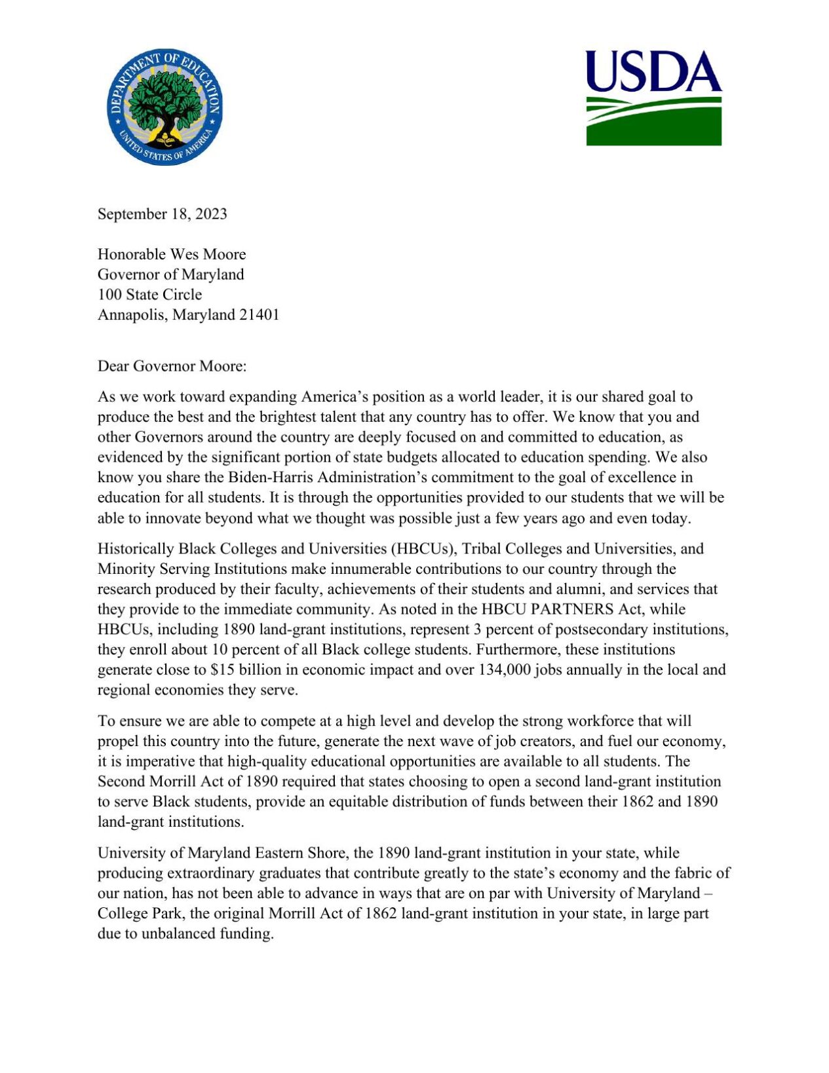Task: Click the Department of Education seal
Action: pyautogui.click(x=165, y=106)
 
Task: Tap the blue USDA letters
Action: pyautogui.click(x=653, y=71)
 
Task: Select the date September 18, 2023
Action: pyautogui.click(x=163, y=214)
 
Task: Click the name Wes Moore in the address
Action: pyautogui.click(x=208, y=254)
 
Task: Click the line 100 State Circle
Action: pyautogui.click(x=149, y=294)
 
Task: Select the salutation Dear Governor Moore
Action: pyautogui.click(x=172, y=366)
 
